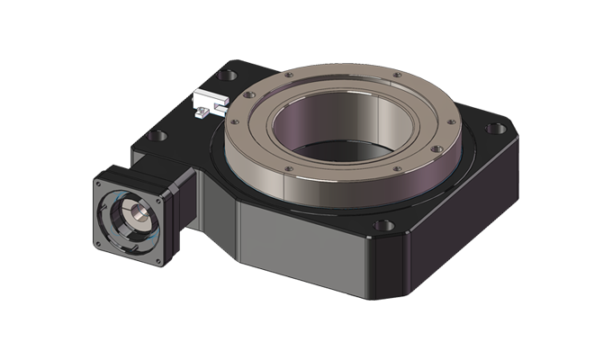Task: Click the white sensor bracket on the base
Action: click(x=210, y=102)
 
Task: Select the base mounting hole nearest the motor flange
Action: click(x=157, y=137)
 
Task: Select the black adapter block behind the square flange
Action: click(x=184, y=193)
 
